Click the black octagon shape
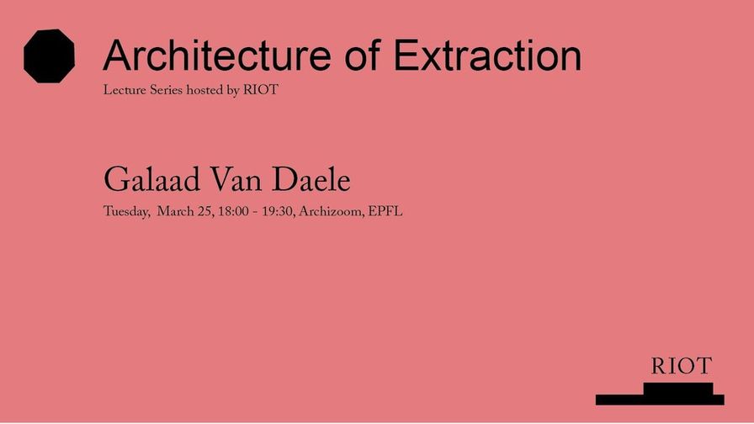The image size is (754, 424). pyautogui.click(x=49, y=56)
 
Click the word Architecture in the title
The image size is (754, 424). pyautogui.click(x=217, y=56)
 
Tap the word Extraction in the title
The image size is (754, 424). pyautogui.click(x=487, y=56)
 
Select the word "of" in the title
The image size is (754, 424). pyautogui.click(x=363, y=55)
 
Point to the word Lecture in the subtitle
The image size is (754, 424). pyautogui.click(x=124, y=90)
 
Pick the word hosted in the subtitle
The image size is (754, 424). pyautogui.click(x=204, y=90)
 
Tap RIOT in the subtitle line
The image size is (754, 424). pyautogui.click(x=261, y=90)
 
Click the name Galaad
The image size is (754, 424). pyautogui.click(x=152, y=180)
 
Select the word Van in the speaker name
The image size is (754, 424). pyautogui.click(x=236, y=180)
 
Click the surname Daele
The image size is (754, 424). pyautogui.click(x=311, y=180)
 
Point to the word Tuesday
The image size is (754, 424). pyautogui.click(x=126, y=211)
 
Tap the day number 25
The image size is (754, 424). pyautogui.click(x=205, y=211)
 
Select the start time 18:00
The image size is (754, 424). pyautogui.click(x=233, y=211)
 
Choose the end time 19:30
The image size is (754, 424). pyautogui.click(x=278, y=211)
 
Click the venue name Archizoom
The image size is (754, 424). pyautogui.click(x=332, y=211)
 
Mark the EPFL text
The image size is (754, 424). pyautogui.click(x=385, y=211)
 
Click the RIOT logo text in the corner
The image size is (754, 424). pyautogui.click(x=682, y=366)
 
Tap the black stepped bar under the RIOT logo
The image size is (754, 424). pyautogui.click(x=660, y=399)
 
